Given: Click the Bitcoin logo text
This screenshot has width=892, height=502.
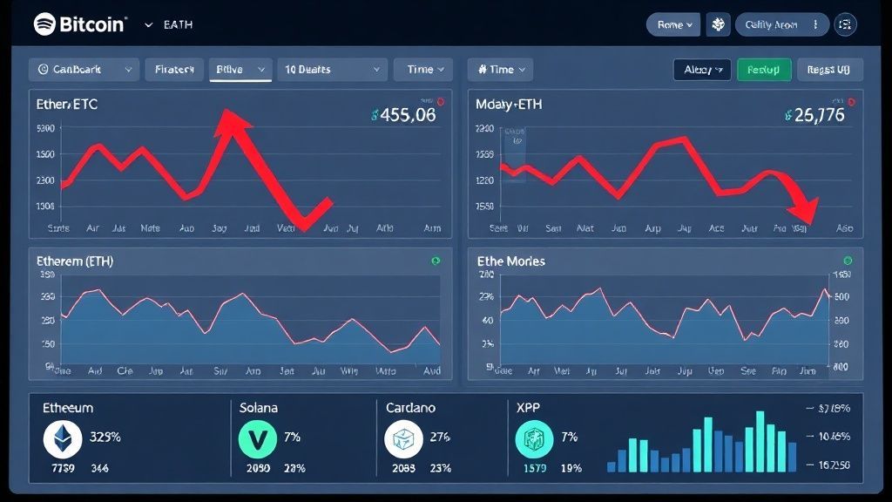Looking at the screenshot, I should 91,24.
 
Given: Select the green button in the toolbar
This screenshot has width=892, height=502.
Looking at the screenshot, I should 764,70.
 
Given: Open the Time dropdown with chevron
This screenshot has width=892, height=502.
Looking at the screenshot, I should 423,70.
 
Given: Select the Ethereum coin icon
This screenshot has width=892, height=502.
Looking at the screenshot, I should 63,439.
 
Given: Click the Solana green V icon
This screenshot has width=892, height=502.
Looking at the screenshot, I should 257,439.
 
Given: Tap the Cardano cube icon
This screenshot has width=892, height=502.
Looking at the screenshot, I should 403,439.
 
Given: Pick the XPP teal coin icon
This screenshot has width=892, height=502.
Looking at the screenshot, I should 533,439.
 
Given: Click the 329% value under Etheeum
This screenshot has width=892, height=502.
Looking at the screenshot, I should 105,437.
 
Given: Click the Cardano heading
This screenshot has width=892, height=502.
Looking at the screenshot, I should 411,407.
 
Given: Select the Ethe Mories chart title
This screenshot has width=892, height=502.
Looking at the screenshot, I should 512,261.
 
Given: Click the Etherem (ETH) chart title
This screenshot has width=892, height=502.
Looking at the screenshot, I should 75,261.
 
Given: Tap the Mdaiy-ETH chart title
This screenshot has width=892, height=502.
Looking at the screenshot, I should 509,104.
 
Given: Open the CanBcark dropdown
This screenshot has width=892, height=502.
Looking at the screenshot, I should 84,70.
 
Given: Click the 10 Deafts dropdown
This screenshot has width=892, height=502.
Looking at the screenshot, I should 331,70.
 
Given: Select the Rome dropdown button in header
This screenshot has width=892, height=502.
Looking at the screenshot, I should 673,24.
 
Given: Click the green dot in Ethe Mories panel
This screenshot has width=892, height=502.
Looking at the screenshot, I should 847,261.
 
